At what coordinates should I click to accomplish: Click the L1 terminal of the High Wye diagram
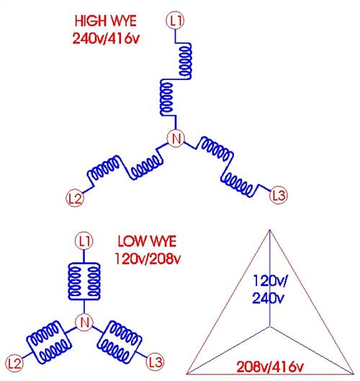[175, 21]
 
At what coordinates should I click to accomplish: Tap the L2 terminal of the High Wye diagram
[75, 198]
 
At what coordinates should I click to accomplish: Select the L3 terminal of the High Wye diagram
[279, 195]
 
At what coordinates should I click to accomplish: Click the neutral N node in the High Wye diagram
[176, 138]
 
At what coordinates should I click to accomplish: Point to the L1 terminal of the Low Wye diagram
[84, 241]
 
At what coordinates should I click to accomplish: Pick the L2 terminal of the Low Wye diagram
[14, 364]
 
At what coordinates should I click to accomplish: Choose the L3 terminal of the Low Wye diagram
[156, 362]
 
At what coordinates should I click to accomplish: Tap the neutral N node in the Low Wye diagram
[84, 322]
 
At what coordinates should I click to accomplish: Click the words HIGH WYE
[105, 21]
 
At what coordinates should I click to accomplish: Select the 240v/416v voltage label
[106, 38]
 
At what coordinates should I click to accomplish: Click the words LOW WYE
[147, 241]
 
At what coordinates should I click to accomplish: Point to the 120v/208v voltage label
[148, 259]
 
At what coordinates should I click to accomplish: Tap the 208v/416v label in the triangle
[270, 367]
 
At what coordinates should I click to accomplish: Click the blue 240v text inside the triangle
[268, 298]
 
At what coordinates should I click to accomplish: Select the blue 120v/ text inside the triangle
[269, 281]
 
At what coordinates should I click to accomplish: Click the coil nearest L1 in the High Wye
[185, 60]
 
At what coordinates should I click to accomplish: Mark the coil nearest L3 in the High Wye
[238, 184]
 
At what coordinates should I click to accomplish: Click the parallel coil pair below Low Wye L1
[84, 282]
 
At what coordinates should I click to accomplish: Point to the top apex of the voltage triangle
[269, 230]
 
